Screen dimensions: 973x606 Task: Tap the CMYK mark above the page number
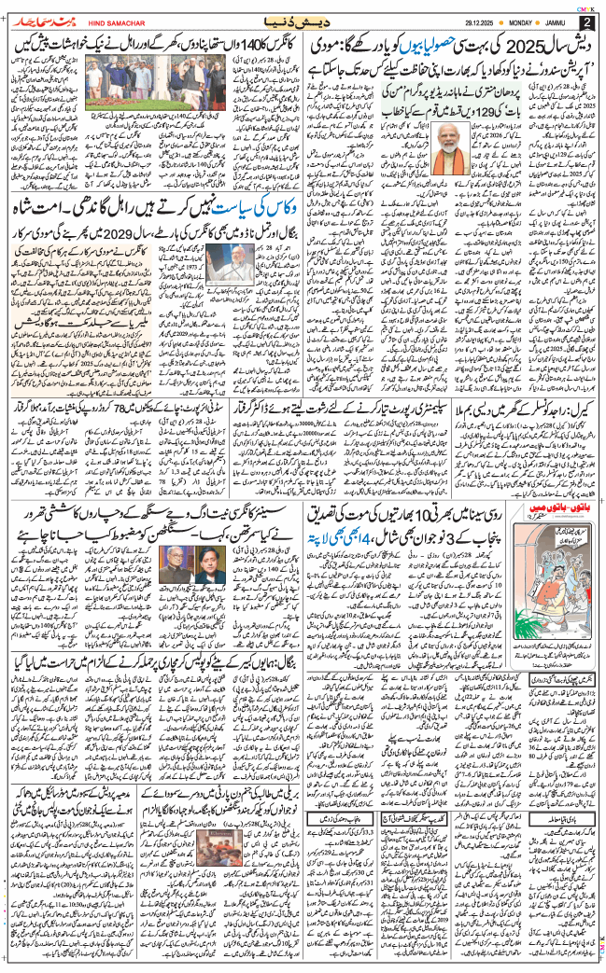[x=586, y=6]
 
